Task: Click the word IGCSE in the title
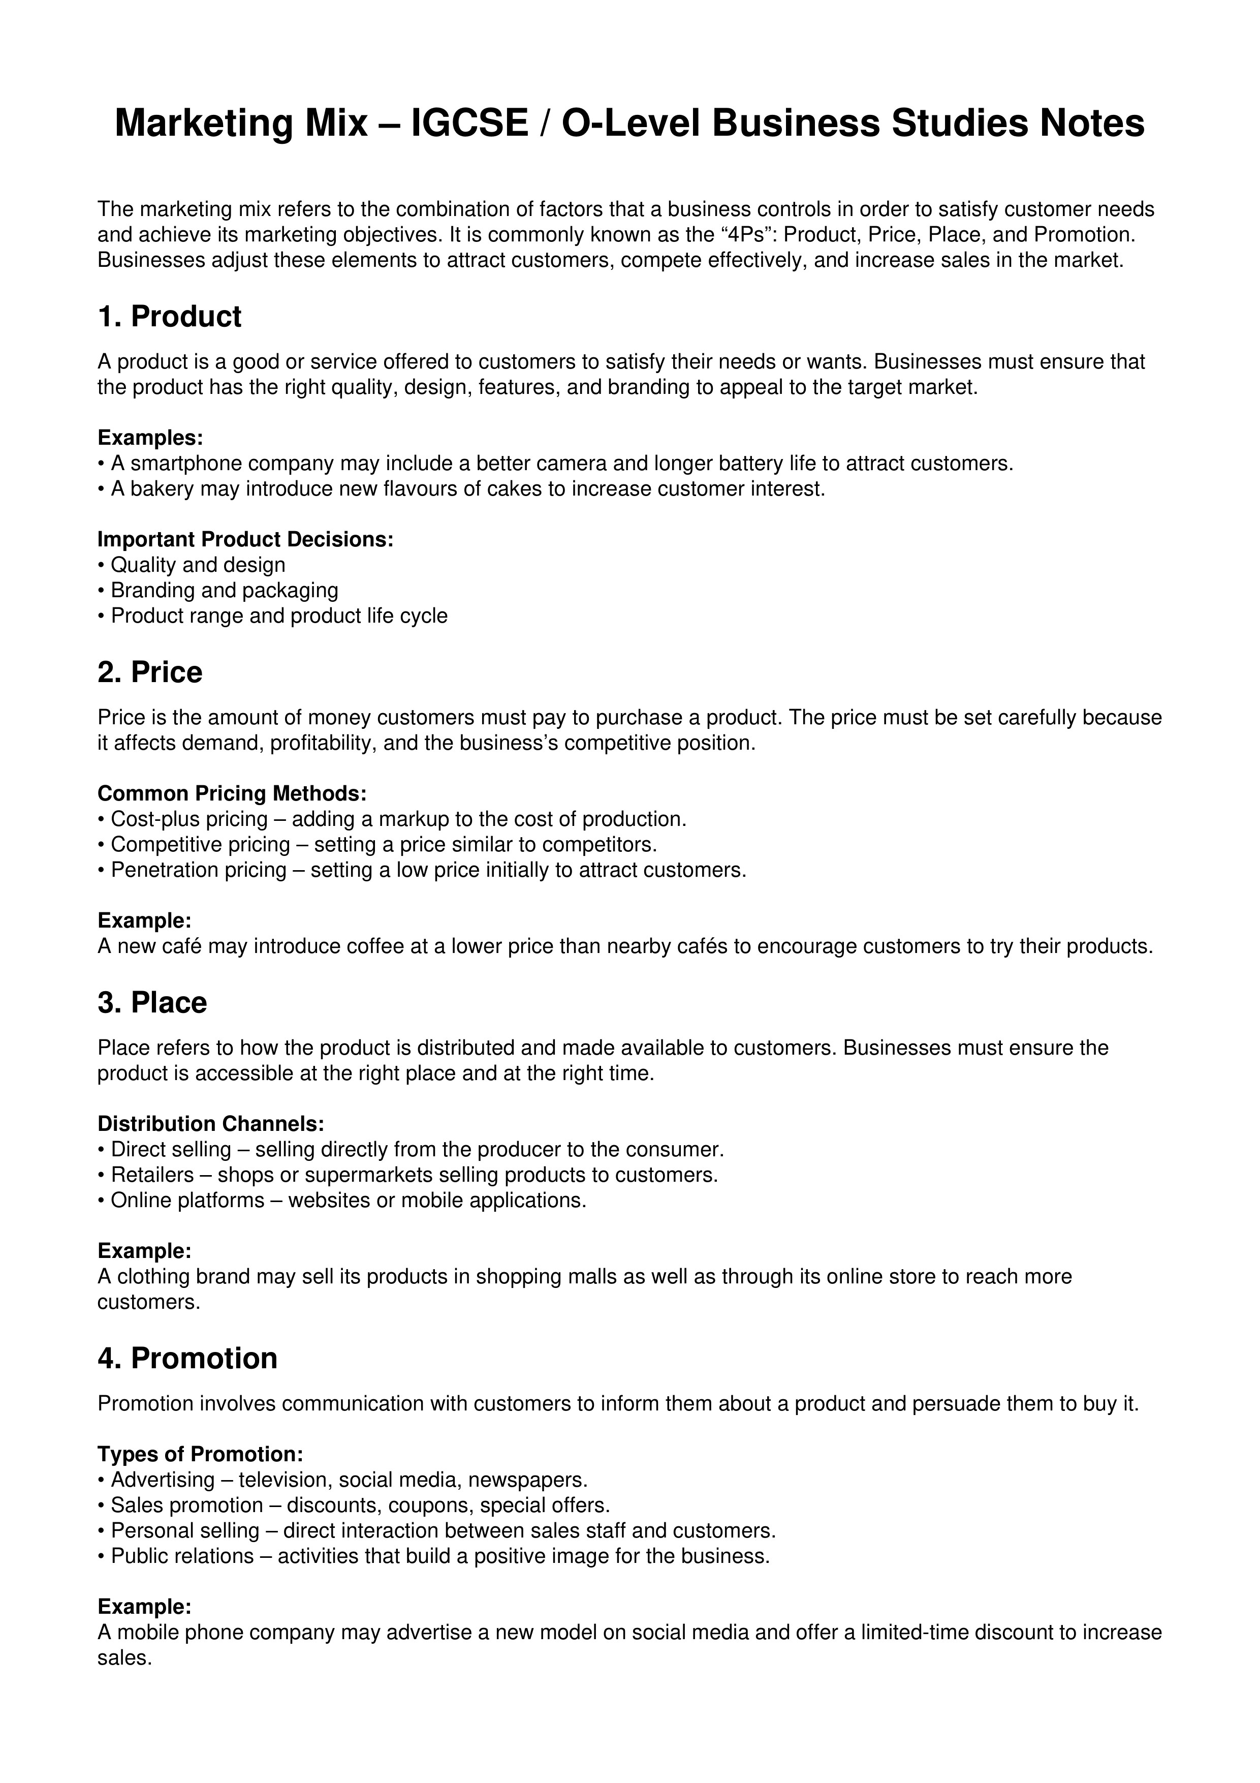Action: pyautogui.click(x=469, y=124)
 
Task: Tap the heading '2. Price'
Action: pyautogui.click(x=150, y=672)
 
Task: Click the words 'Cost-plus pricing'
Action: pyautogui.click(x=190, y=819)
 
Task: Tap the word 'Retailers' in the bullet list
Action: pyautogui.click(x=152, y=1175)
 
